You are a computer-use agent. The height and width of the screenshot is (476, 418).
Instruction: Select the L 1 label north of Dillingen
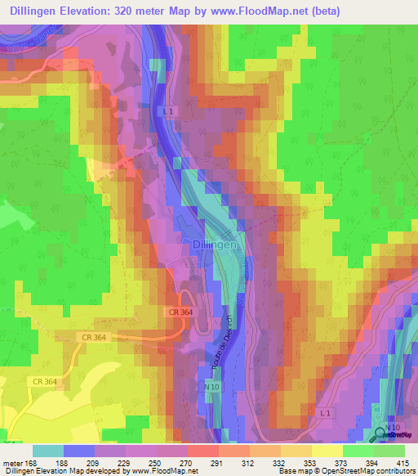(x=168, y=110)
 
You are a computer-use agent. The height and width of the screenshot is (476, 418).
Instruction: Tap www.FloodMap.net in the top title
(x=270, y=11)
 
